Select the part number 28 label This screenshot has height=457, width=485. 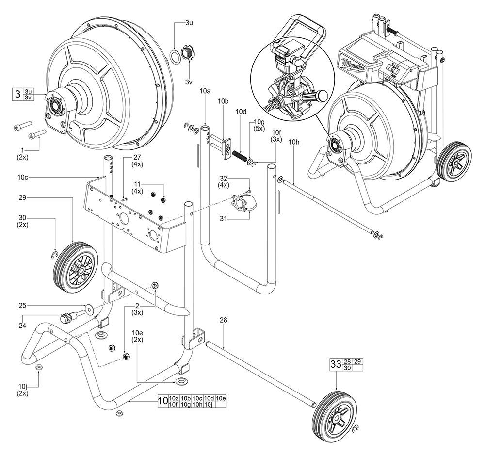click(x=223, y=320)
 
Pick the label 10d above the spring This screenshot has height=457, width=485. click(x=242, y=112)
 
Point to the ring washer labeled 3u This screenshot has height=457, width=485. click(x=174, y=54)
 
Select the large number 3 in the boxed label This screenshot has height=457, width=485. click(x=17, y=94)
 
